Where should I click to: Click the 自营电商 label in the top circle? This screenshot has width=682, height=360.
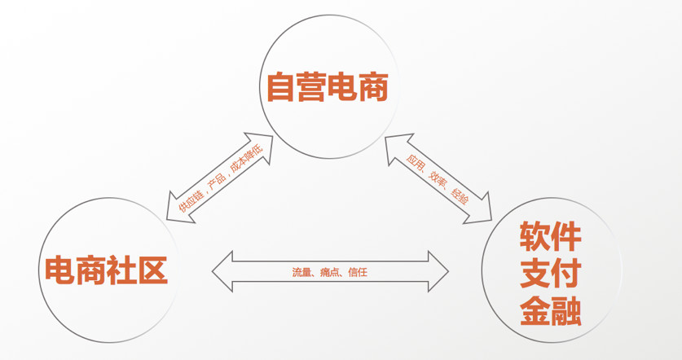327,88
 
